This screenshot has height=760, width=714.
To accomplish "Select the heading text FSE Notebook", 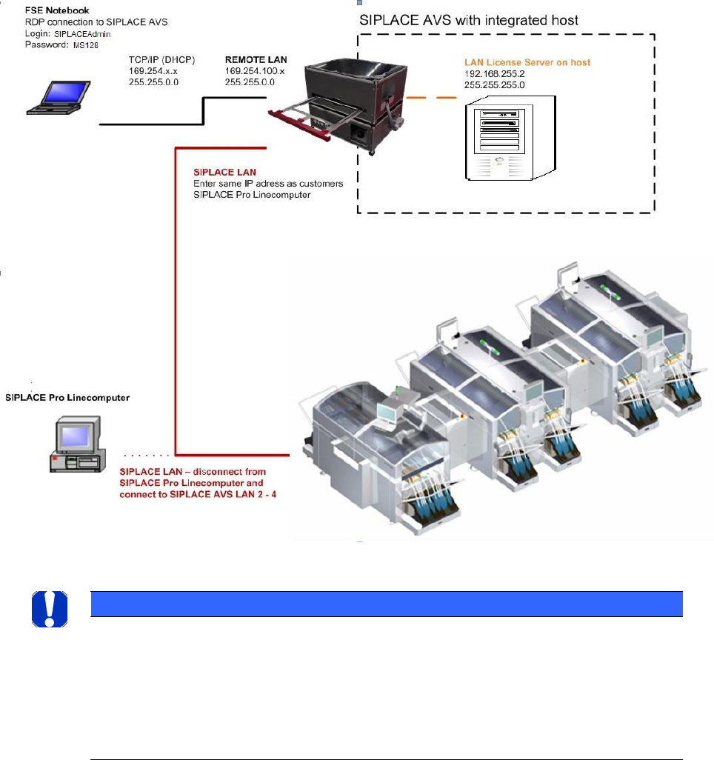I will [x=59, y=11].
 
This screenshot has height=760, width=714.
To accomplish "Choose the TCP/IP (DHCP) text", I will [x=161, y=59].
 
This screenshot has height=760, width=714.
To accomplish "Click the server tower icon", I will [x=509, y=139].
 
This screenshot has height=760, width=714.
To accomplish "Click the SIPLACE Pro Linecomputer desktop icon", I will [x=75, y=442].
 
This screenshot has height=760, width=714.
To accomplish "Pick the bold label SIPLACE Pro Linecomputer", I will [x=67, y=398].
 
